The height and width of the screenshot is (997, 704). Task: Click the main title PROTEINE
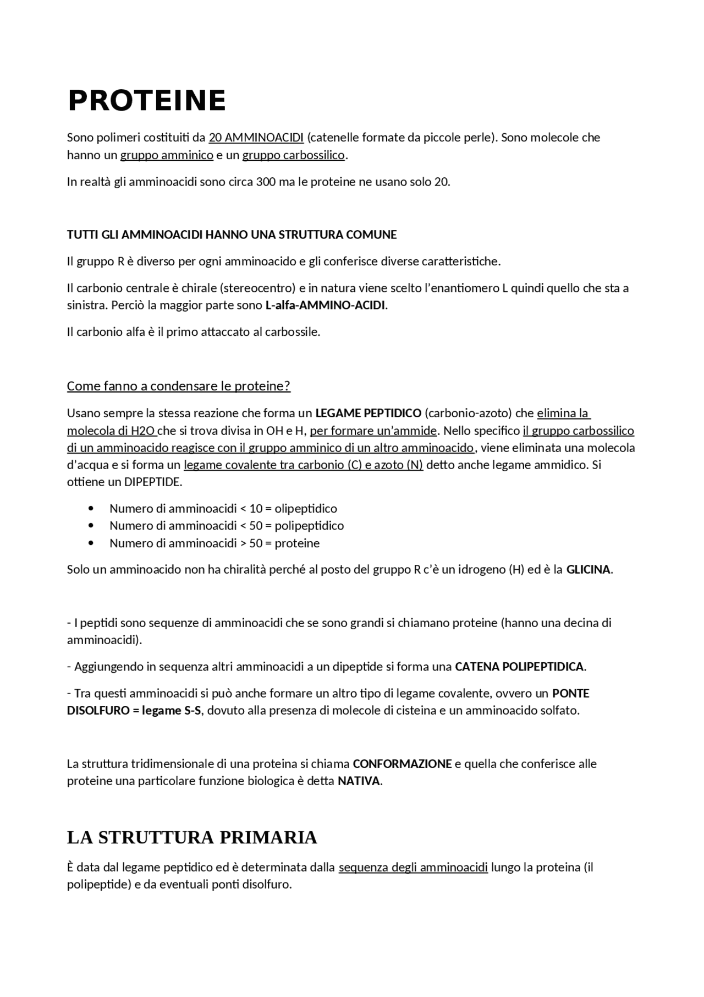pyautogui.click(x=146, y=101)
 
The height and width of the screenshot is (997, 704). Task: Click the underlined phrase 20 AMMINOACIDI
pyautogui.click(x=256, y=137)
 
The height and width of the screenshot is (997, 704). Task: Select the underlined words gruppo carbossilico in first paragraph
pyautogui.click(x=293, y=155)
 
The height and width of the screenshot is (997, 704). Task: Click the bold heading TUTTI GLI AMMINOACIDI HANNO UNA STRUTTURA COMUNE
pyautogui.click(x=232, y=235)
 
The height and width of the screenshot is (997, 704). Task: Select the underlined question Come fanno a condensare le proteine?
pyautogui.click(x=178, y=386)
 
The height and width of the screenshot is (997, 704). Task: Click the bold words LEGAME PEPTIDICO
pyautogui.click(x=368, y=413)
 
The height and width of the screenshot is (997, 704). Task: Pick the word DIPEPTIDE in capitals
pyautogui.click(x=152, y=482)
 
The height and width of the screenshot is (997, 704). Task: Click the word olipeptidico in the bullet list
pyautogui.click(x=306, y=509)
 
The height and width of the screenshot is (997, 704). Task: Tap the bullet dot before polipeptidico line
pyautogui.click(x=91, y=526)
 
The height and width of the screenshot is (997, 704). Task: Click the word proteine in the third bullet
pyautogui.click(x=297, y=543)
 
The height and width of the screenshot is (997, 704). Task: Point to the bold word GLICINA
pyautogui.click(x=588, y=570)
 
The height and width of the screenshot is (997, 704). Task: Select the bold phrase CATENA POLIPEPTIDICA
pyautogui.click(x=519, y=667)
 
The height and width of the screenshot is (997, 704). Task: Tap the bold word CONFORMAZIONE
pyautogui.click(x=402, y=764)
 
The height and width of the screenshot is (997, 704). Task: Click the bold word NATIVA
pyautogui.click(x=359, y=781)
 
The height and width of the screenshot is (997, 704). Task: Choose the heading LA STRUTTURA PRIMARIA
pyautogui.click(x=192, y=837)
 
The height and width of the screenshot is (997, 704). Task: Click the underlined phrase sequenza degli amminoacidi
pyautogui.click(x=413, y=868)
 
